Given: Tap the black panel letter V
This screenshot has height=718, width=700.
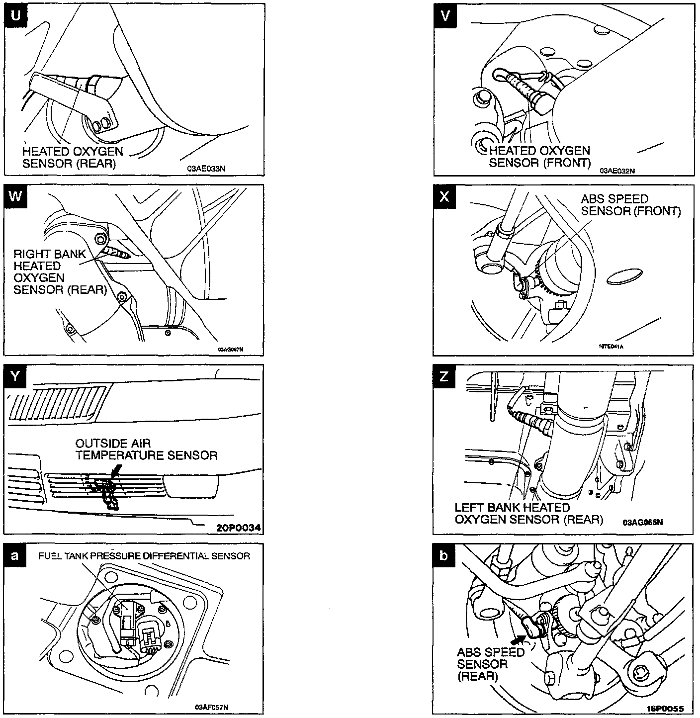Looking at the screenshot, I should point(444,16).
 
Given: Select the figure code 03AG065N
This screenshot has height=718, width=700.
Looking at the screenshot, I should point(642,523).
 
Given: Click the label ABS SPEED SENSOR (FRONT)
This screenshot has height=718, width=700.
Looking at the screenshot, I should point(630,205).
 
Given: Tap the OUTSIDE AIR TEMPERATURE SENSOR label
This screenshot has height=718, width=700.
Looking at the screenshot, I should point(146,449).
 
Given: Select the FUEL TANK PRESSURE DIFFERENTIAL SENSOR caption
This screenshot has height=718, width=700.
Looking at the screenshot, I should point(144,556).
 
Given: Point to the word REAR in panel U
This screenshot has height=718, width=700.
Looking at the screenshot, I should point(96,163).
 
